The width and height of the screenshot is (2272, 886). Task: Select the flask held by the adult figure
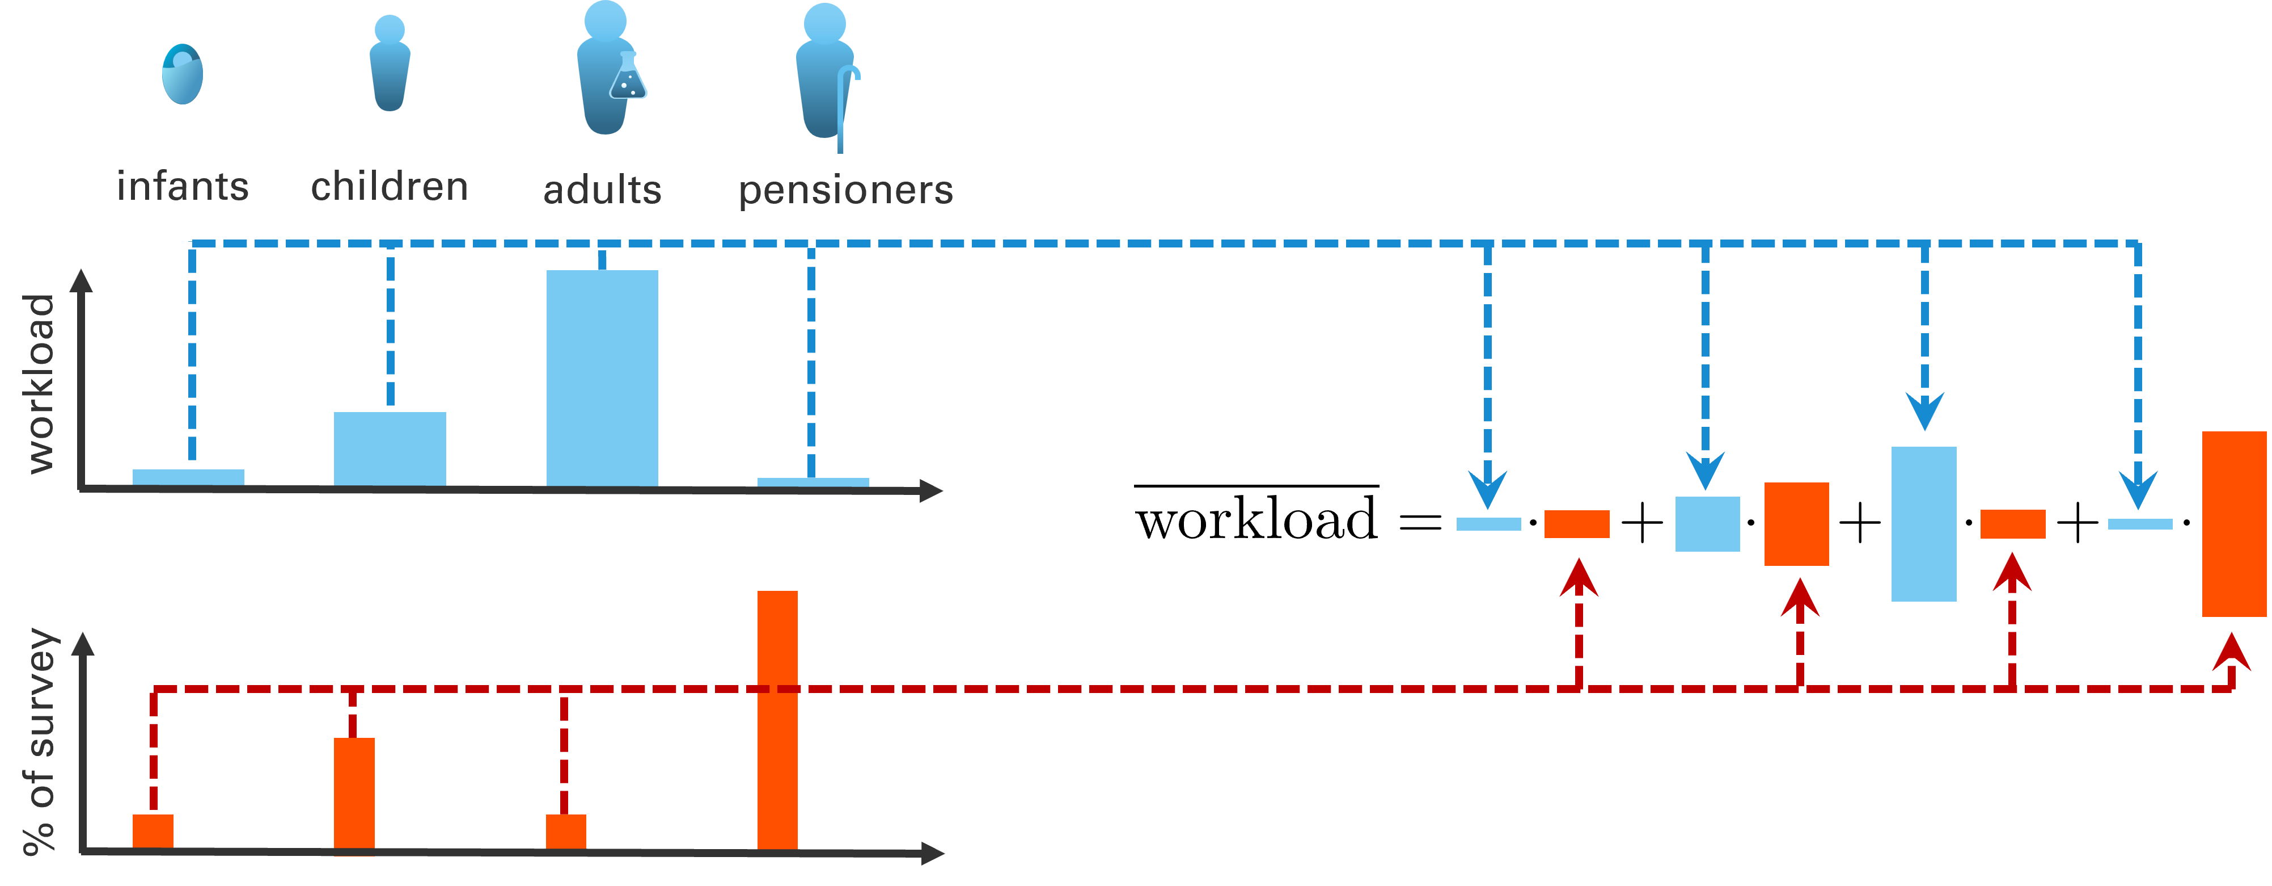click(628, 78)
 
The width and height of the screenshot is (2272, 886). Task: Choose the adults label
click(602, 190)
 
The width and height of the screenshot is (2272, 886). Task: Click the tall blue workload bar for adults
click(602, 377)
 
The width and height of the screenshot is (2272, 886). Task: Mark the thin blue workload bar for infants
click(188, 477)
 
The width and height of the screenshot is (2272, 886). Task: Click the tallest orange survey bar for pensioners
click(777, 719)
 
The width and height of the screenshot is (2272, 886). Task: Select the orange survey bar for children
click(354, 794)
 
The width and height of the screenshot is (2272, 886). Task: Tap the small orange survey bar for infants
click(153, 832)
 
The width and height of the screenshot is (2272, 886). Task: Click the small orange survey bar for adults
click(565, 832)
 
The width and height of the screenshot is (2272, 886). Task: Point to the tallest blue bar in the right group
click(1924, 524)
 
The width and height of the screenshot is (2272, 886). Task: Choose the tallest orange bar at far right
click(2234, 524)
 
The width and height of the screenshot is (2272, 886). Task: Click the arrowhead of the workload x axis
click(932, 490)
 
